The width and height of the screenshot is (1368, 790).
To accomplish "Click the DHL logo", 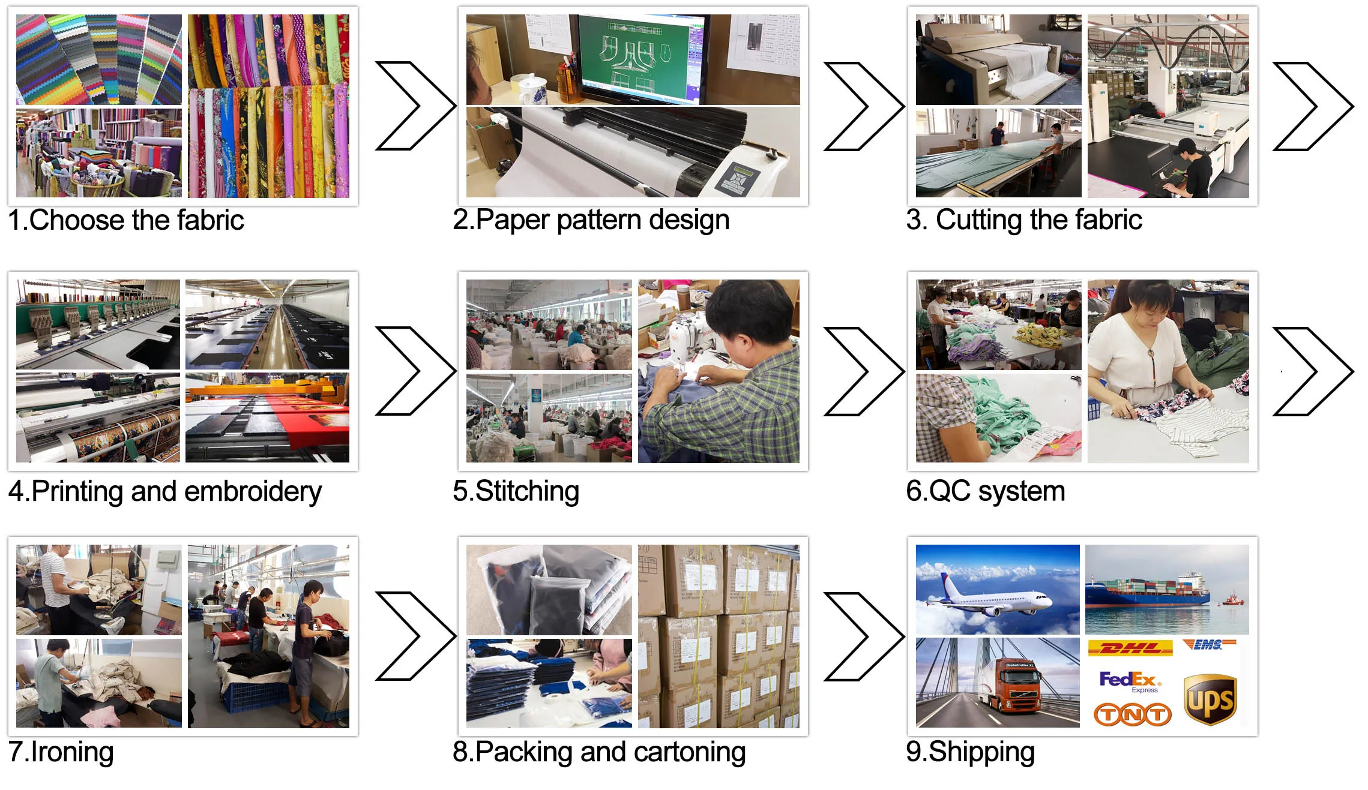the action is (1130, 648).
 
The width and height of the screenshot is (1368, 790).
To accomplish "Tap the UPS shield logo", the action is (1210, 699).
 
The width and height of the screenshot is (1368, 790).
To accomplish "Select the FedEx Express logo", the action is (1130, 681).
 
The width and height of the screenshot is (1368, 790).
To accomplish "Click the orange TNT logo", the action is (1132, 714).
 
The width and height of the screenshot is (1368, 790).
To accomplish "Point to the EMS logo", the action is (1209, 645).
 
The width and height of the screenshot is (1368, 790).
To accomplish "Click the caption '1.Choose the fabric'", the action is (126, 220).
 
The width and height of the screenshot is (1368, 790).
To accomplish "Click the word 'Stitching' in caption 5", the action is (528, 492).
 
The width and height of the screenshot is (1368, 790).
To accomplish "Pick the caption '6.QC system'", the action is (986, 491).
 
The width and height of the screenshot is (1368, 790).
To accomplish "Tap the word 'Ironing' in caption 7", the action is (72, 752).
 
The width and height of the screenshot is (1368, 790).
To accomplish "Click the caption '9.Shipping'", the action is (971, 752).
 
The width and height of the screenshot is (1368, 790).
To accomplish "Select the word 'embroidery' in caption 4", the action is (253, 492).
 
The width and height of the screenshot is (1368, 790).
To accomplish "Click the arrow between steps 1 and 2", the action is (415, 106).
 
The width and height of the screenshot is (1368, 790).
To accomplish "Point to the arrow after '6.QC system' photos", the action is (1313, 371).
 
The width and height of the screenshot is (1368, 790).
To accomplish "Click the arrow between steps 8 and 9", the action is (864, 636).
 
